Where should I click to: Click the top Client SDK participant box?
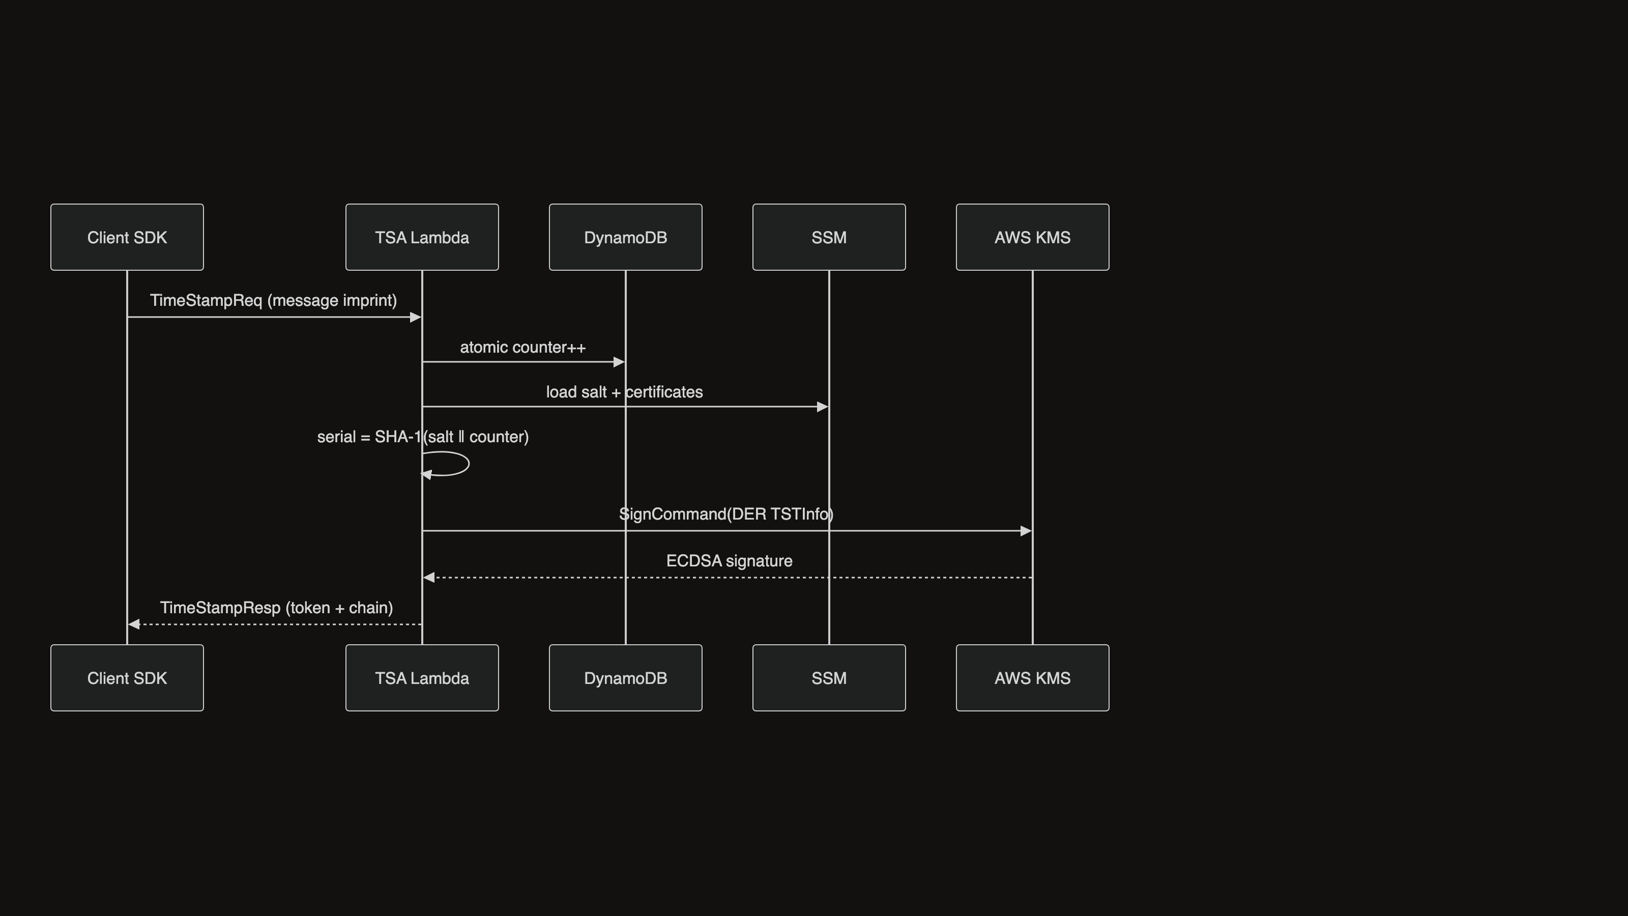(127, 237)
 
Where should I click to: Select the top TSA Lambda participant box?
(422, 237)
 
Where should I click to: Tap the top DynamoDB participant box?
(626, 237)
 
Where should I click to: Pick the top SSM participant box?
(829, 237)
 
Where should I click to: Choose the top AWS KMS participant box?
(1033, 237)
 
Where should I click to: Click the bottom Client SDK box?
(127, 678)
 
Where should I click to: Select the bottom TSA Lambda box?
(422, 678)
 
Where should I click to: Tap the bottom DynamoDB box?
(626, 678)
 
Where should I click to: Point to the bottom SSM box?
(829, 678)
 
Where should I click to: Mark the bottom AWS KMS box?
(1033, 678)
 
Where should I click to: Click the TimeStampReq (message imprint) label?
(274, 301)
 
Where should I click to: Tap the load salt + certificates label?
(624, 392)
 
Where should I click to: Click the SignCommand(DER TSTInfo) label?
(726, 514)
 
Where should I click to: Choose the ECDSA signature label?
(730, 561)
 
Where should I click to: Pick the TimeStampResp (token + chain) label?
(276, 608)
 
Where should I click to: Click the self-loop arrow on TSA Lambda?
(469, 464)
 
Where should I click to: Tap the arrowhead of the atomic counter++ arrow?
(619, 362)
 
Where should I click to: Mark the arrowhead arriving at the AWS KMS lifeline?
(1026, 531)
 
